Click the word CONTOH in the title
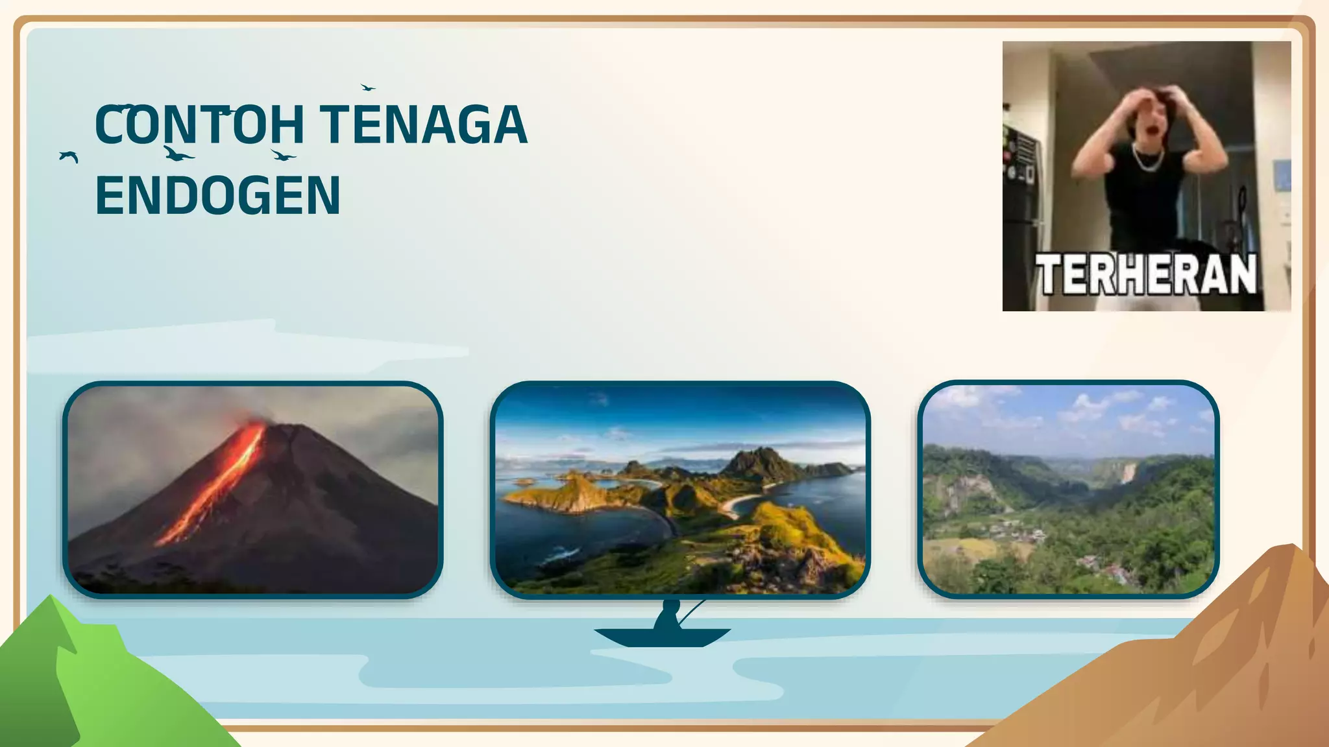point(199,124)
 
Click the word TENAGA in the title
point(424,124)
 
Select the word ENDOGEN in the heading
point(217,195)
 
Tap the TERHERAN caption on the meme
point(1145,274)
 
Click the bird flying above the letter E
point(367,87)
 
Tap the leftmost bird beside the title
point(68,156)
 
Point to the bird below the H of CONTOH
point(283,156)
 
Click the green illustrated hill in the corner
point(84,687)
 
